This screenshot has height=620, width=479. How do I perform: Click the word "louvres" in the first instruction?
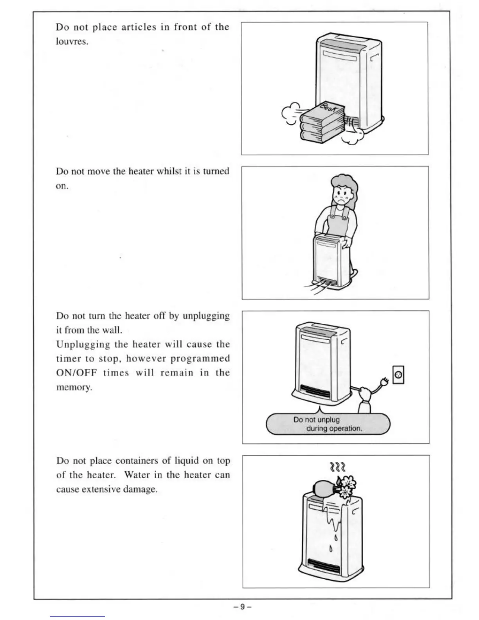71,42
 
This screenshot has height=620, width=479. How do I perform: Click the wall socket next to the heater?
398,375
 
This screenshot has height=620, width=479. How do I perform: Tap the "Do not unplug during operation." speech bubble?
328,424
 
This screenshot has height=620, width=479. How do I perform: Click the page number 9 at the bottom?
242,607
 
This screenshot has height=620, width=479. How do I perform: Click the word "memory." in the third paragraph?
74,387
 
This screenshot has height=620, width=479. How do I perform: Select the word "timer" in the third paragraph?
68,359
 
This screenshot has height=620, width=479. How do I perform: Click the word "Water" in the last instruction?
137,475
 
